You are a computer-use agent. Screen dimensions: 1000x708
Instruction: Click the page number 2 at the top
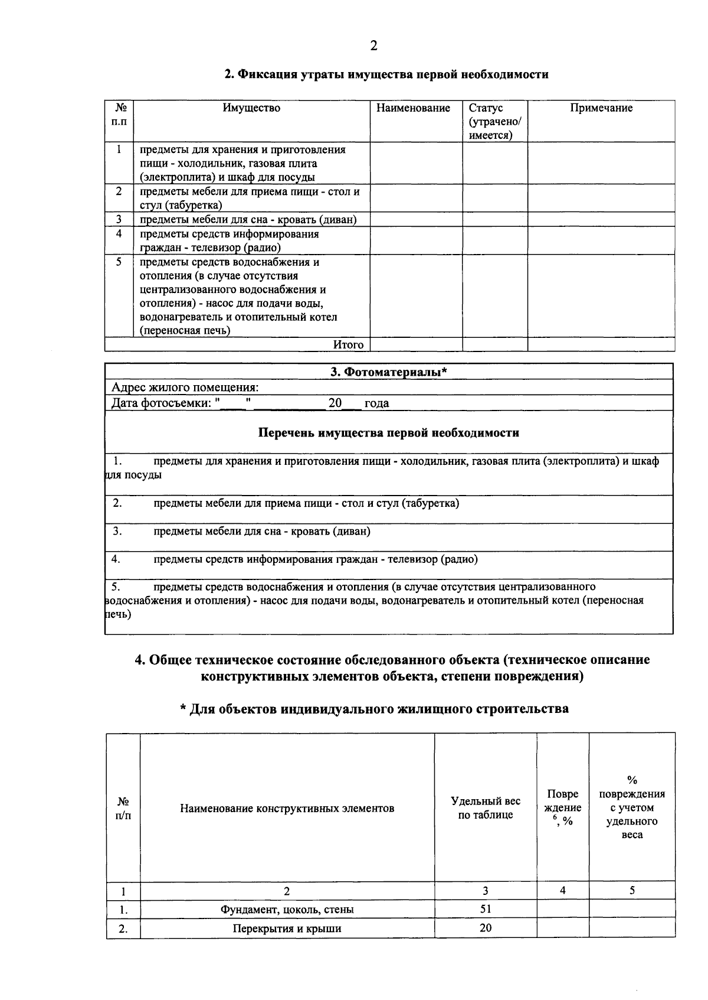coord(373,46)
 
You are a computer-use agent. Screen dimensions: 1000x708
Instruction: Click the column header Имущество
coord(251,108)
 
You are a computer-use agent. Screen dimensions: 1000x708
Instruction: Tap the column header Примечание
coord(601,108)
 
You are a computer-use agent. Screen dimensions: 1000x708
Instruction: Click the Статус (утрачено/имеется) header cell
coord(494,121)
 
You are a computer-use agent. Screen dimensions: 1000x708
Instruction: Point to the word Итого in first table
coord(348,345)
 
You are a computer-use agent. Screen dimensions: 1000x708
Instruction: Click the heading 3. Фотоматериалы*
coord(388,372)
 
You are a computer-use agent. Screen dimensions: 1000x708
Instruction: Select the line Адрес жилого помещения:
coord(185,387)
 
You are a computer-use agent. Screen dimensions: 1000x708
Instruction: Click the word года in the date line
coord(376,403)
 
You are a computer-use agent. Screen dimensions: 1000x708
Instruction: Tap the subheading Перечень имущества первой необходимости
coord(389,433)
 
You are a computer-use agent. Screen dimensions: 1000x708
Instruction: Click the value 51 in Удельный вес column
coord(486,909)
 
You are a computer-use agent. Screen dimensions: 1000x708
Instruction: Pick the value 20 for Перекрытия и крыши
coord(486,928)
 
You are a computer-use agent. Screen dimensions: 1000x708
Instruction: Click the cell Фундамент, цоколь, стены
coord(287,910)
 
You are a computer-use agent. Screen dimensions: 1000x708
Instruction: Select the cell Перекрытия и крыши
coord(287,929)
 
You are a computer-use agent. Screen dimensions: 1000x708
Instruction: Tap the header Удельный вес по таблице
coord(486,808)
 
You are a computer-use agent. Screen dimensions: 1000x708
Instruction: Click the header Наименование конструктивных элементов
coord(287,808)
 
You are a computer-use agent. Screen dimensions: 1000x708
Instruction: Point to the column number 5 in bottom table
coord(632,891)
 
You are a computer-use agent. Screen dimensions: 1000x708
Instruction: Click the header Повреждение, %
coord(562,807)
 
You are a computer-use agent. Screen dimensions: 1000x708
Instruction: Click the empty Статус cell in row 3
coord(494,220)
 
